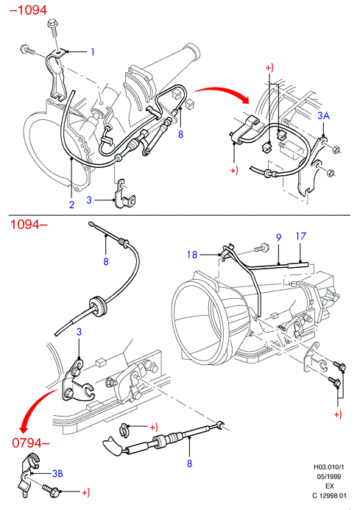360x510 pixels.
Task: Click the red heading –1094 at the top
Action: coord(28,10)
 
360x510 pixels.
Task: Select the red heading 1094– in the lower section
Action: coord(29,224)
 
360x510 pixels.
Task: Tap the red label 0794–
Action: coord(31,443)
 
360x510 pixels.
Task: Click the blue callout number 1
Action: coord(93,52)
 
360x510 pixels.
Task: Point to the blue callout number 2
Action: coord(71,205)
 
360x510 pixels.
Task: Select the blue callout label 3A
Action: coord(323,116)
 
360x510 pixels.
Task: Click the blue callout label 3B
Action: coord(57,474)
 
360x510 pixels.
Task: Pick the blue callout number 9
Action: coord(278,238)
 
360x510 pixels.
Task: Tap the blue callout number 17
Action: coord(301,235)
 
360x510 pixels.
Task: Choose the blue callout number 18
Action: coord(192,255)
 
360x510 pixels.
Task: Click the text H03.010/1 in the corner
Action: coord(329,467)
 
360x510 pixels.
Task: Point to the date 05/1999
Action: coord(329,476)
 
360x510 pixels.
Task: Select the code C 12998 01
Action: coord(329,496)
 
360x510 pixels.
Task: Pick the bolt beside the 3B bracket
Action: coord(51,489)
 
